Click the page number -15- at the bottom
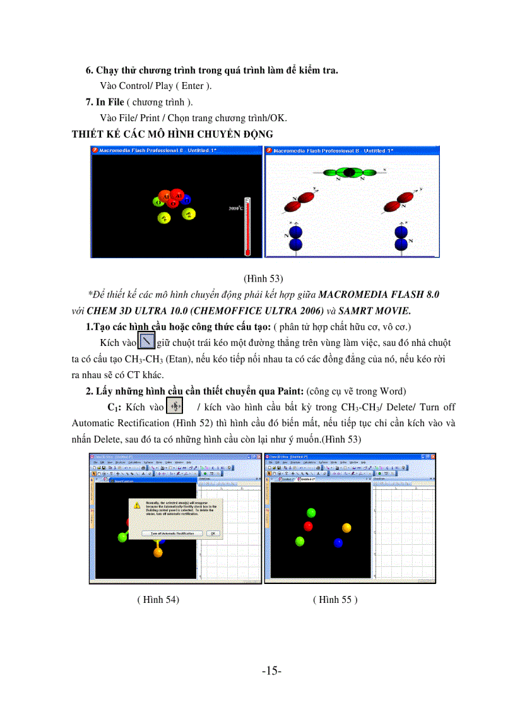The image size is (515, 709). pyautogui.click(x=271, y=671)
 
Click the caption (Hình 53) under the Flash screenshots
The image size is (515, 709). pyautogui.click(x=263, y=278)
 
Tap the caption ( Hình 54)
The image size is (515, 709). pyautogui.click(x=158, y=600)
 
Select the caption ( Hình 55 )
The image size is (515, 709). pyautogui.click(x=335, y=600)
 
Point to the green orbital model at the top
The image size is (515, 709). pyautogui.click(x=348, y=172)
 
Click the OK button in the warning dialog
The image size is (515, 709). pyautogui.click(x=213, y=533)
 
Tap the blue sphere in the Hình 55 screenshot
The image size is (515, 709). pyautogui.click(x=338, y=542)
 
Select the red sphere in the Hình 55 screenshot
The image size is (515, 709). pyautogui.click(x=309, y=526)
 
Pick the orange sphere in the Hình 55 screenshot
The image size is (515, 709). pyautogui.click(x=346, y=527)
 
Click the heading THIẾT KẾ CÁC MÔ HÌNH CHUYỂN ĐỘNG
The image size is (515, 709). pyautogui.click(x=172, y=134)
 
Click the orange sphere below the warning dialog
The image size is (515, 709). pyautogui.click(x=158, y=552)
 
